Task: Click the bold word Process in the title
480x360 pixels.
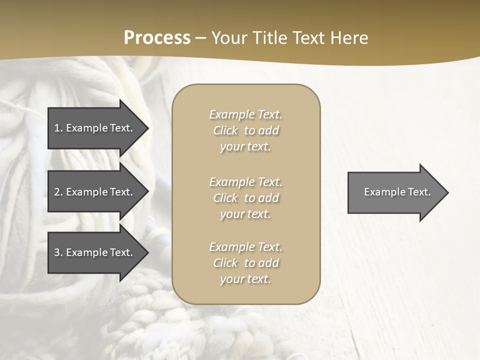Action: pos(157,38)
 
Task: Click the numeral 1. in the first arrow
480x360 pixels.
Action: pos(58,128)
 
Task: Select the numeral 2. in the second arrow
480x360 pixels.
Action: pos(58,192)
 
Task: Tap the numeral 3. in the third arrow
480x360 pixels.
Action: pos(58,252)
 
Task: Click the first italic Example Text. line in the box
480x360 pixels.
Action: pos(246,114)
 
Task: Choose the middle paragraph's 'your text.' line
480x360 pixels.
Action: pos(245,214)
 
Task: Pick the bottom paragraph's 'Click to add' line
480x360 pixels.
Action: pos(246,263)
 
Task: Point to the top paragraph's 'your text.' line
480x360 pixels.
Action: pos(245,147)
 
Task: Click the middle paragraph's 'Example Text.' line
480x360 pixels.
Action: pos(246,182)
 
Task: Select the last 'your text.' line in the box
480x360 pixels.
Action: pos(245,279)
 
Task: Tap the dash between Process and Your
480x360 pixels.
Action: pos(200,38)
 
